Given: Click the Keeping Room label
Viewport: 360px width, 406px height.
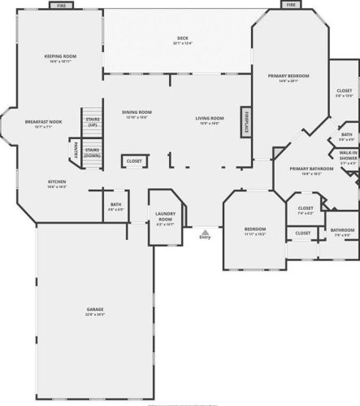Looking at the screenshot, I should (60, 57).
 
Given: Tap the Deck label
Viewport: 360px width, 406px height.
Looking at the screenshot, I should (182, 41).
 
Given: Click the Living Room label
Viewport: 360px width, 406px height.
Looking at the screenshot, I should (210, 120).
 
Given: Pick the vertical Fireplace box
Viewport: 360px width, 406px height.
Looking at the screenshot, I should (244, 120).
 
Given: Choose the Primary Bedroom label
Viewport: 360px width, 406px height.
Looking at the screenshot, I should (288, 76).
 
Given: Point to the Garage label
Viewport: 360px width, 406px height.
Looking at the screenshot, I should (96, 311).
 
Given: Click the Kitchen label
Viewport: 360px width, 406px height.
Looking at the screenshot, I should (57, 182).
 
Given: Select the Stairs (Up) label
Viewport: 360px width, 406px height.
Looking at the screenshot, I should (93, 121).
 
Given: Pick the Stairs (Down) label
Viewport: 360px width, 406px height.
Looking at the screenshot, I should (93, 152).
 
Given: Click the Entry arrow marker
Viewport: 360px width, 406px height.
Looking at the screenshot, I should (204, 234).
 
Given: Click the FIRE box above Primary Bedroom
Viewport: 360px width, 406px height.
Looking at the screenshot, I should (291, 4).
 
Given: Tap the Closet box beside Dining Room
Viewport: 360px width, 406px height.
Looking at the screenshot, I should (134, 161).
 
